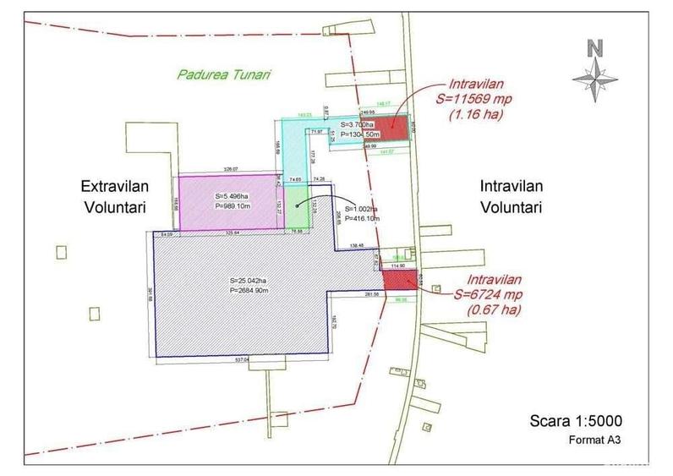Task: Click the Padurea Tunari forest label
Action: pyautogui.click(x=223, y=74)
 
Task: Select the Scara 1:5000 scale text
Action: pyautogui.click(x=574, y=421)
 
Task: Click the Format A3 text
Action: pyautogui.click(x=598, y=440)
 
